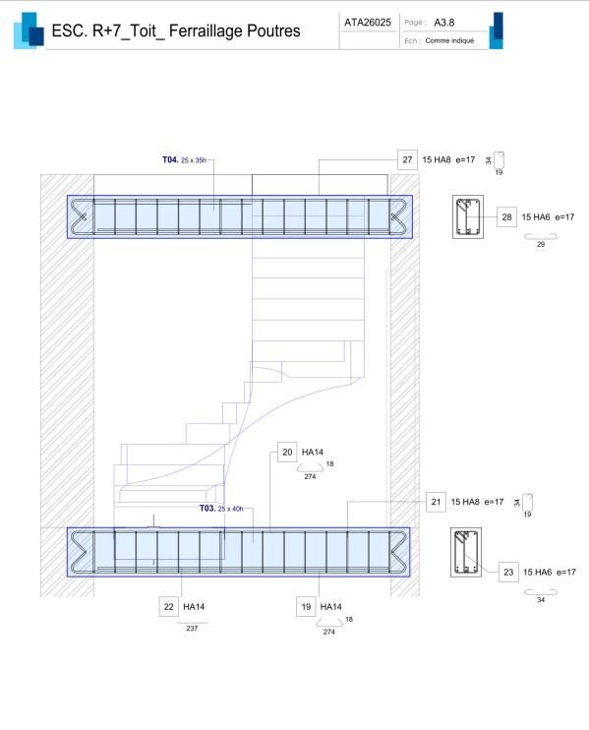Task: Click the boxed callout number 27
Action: [x=407, y=159]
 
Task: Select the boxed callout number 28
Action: [x=506, y=217]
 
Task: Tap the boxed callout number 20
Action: [x=287, y=452]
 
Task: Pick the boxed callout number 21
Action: [x=436, y=502]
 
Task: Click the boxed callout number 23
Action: [x=508, y=573]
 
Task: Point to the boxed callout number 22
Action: [x=168, y=607]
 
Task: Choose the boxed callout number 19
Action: [x=306, y=607]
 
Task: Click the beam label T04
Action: [x=170, y=159]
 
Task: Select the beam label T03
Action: [x=207, y=508]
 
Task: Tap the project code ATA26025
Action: [x=368, y=23]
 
